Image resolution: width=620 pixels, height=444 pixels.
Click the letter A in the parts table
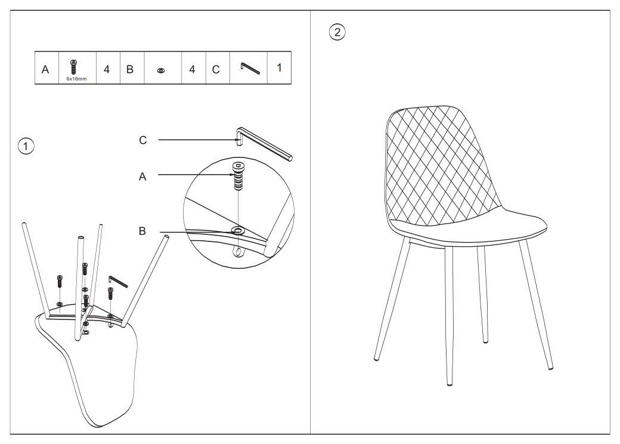click(x=45, y=70)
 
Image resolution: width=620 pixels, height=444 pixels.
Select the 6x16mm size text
click(x=76, y=79)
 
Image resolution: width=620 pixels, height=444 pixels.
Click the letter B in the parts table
click(x=130, y=70)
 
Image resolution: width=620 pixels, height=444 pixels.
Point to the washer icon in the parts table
click(x=161, y=70)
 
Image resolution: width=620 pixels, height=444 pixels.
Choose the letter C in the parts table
click(x=215, y=70)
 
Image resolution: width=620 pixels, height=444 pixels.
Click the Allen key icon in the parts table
click(x=250, y=68)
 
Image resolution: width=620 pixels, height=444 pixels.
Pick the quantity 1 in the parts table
click(x=279, y=68)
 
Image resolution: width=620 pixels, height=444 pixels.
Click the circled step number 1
click(x=26, y=146)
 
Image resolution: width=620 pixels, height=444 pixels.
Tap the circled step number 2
click(x=337, y=32)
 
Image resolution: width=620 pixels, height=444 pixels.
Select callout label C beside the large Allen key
click(x=142, y=141)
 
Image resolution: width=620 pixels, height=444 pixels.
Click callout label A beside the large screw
click(x=142, y=177)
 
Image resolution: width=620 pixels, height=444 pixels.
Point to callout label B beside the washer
click(x=142, y=231)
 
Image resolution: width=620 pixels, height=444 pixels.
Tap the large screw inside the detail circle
click(x=238, y=176)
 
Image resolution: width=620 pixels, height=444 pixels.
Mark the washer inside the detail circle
click(x=238, y=231)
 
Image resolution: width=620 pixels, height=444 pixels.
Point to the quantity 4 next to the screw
click(x=107, y=70)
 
